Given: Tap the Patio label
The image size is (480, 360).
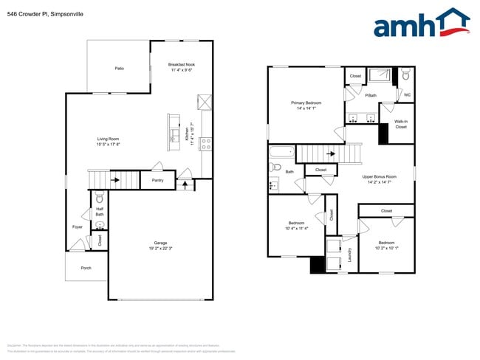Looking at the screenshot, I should click(119, 69).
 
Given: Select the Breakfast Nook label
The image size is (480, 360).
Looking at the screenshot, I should click(181, 67).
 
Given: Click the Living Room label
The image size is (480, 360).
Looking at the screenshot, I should click(109, 142).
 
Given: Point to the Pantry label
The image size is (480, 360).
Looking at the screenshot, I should click(157, 180).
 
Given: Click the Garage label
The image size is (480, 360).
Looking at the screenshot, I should click(160, 245).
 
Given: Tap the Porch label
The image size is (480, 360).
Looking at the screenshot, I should click(86, 268).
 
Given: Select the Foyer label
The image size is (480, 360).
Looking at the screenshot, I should click(77, 226).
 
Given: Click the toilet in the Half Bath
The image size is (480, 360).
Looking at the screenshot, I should click(100, 198).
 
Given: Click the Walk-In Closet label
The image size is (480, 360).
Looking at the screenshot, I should click(400, 124).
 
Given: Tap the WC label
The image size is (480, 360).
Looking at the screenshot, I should click(407, 94).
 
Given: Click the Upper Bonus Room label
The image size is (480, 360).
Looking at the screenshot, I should click(380, 179).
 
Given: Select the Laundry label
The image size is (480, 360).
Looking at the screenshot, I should click(349, 255).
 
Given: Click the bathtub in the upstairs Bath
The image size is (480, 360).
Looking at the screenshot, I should click(281, 153).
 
